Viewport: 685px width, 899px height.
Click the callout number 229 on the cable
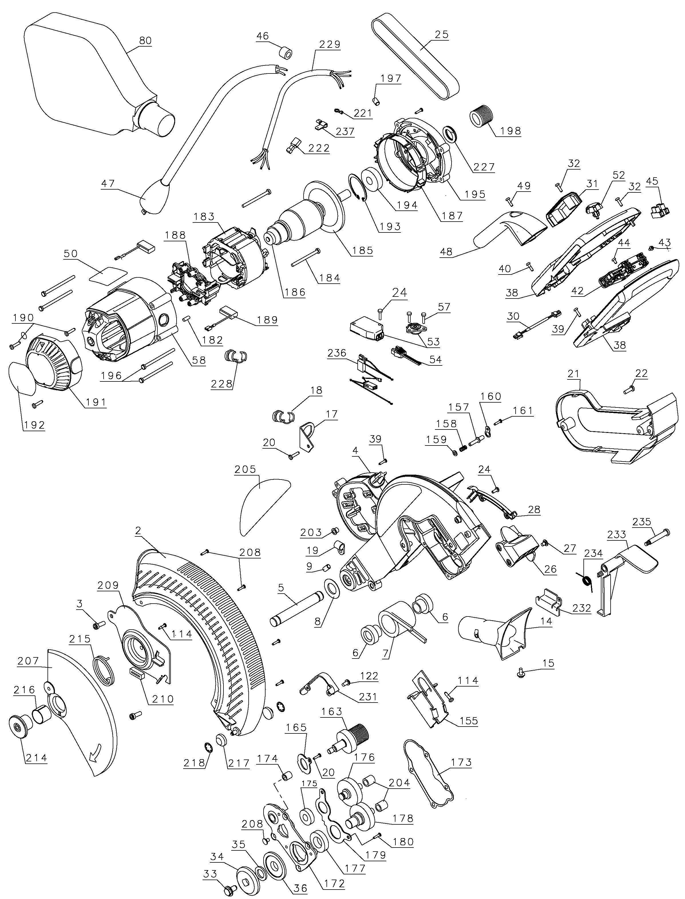pyautogui.click(x=329, y=44)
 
